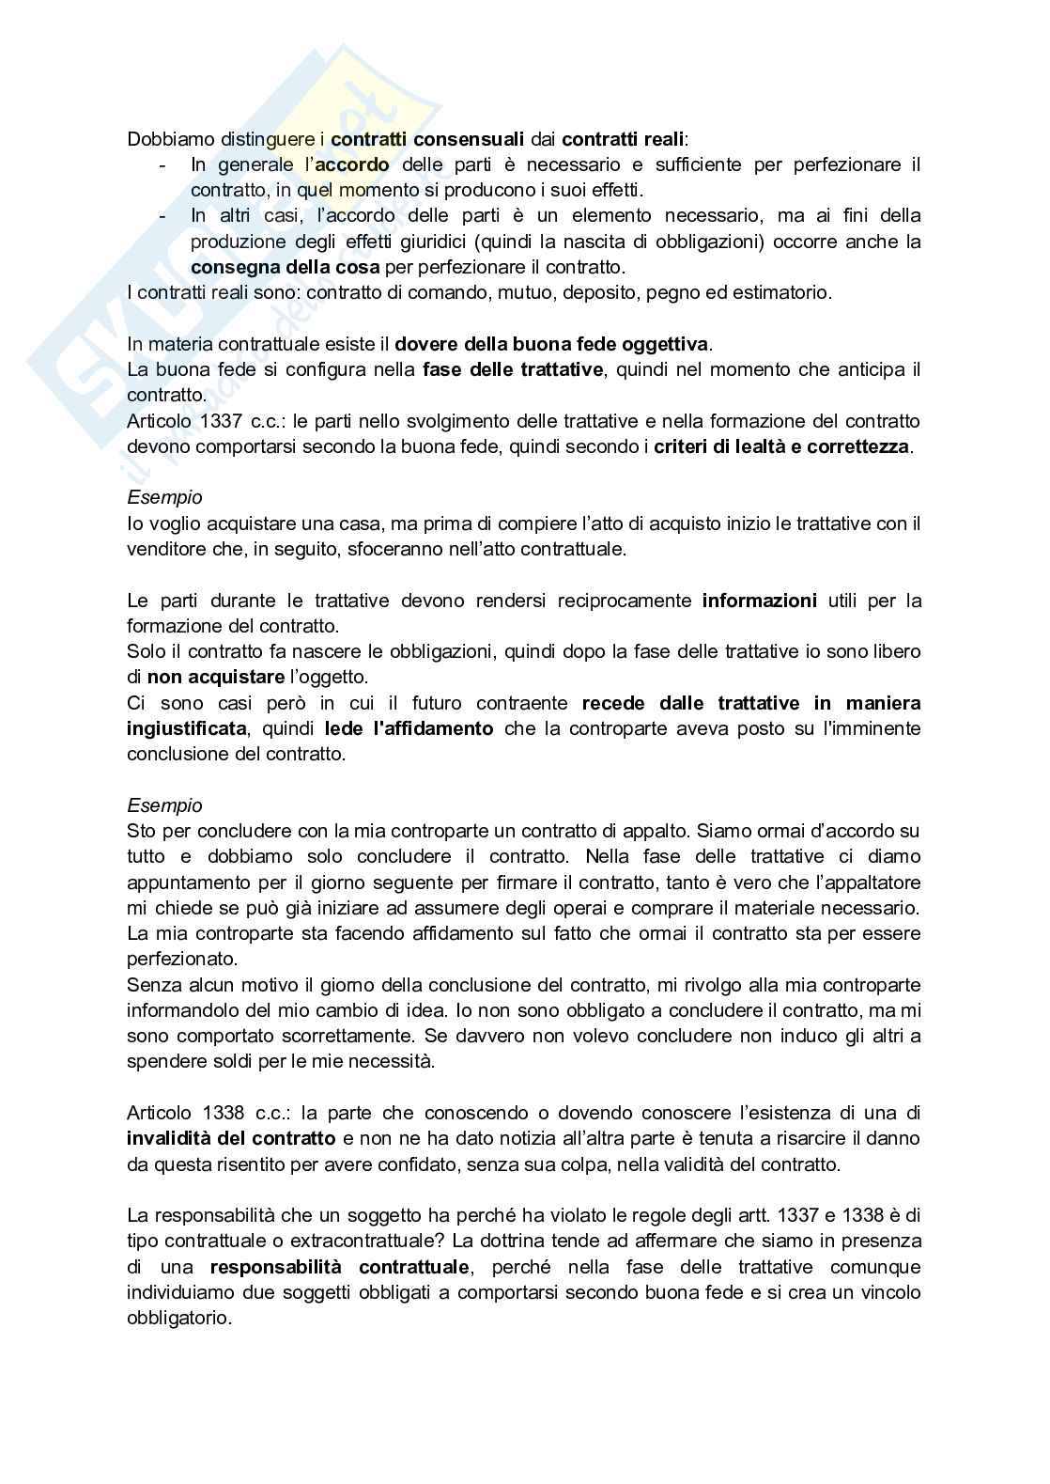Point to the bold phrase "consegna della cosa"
click(x=286, y=267)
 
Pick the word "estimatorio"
click(x=783, y=292)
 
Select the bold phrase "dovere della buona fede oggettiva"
click(x=552, y=344)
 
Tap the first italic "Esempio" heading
click(x=164, y=497)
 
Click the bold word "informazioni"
click(x=759, y=600)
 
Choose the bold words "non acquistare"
click(x=216, y=677)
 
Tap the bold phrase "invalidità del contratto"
click(x=231, y=1138)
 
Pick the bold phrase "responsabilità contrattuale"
click(x=340, y=1267)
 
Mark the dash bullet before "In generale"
click(x=163, y=164)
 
